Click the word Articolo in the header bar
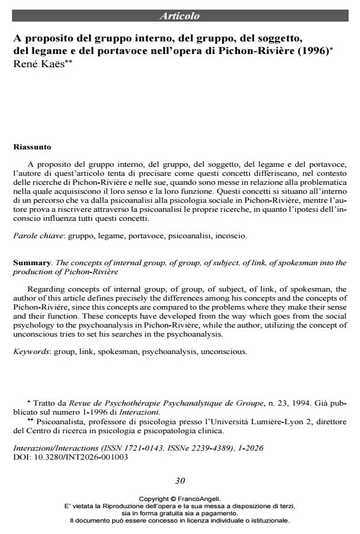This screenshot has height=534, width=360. [180, 16]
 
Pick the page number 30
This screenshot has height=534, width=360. [180, 481]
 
